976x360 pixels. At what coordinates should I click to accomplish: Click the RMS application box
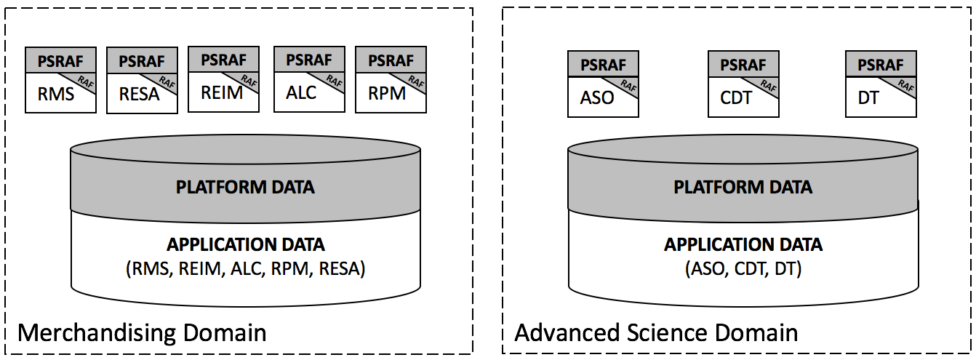[60, 80]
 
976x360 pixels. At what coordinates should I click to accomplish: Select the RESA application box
[142, 81]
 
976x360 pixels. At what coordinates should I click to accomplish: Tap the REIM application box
[223, 79]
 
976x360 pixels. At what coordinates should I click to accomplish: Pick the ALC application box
[309, 79]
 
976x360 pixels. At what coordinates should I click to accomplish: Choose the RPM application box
[391, 79]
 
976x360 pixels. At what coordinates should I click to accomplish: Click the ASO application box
[603, 84]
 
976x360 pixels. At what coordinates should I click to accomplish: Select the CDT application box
[743, 84]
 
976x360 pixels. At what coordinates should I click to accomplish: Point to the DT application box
[881, 84]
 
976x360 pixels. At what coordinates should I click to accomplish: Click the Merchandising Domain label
[142, 333]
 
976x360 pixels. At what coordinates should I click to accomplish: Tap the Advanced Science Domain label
[656, 333]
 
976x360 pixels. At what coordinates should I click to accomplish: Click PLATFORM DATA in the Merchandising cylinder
[245, 187]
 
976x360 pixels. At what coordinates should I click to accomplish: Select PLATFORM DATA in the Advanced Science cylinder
[743, 187]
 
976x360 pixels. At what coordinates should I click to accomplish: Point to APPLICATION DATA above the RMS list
[245, 244]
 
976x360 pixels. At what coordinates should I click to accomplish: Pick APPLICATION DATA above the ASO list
[743, 244]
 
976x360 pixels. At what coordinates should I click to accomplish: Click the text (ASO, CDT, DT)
[743, 269]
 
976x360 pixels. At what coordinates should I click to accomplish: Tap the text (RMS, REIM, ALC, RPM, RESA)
[245, 269]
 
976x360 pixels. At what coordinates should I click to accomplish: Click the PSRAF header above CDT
[743, 65]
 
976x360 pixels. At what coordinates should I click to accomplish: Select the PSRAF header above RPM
[391, 60]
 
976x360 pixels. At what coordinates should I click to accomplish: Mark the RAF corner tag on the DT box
[905, 85]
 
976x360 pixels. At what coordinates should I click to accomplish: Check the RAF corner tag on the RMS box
[84, 81]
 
